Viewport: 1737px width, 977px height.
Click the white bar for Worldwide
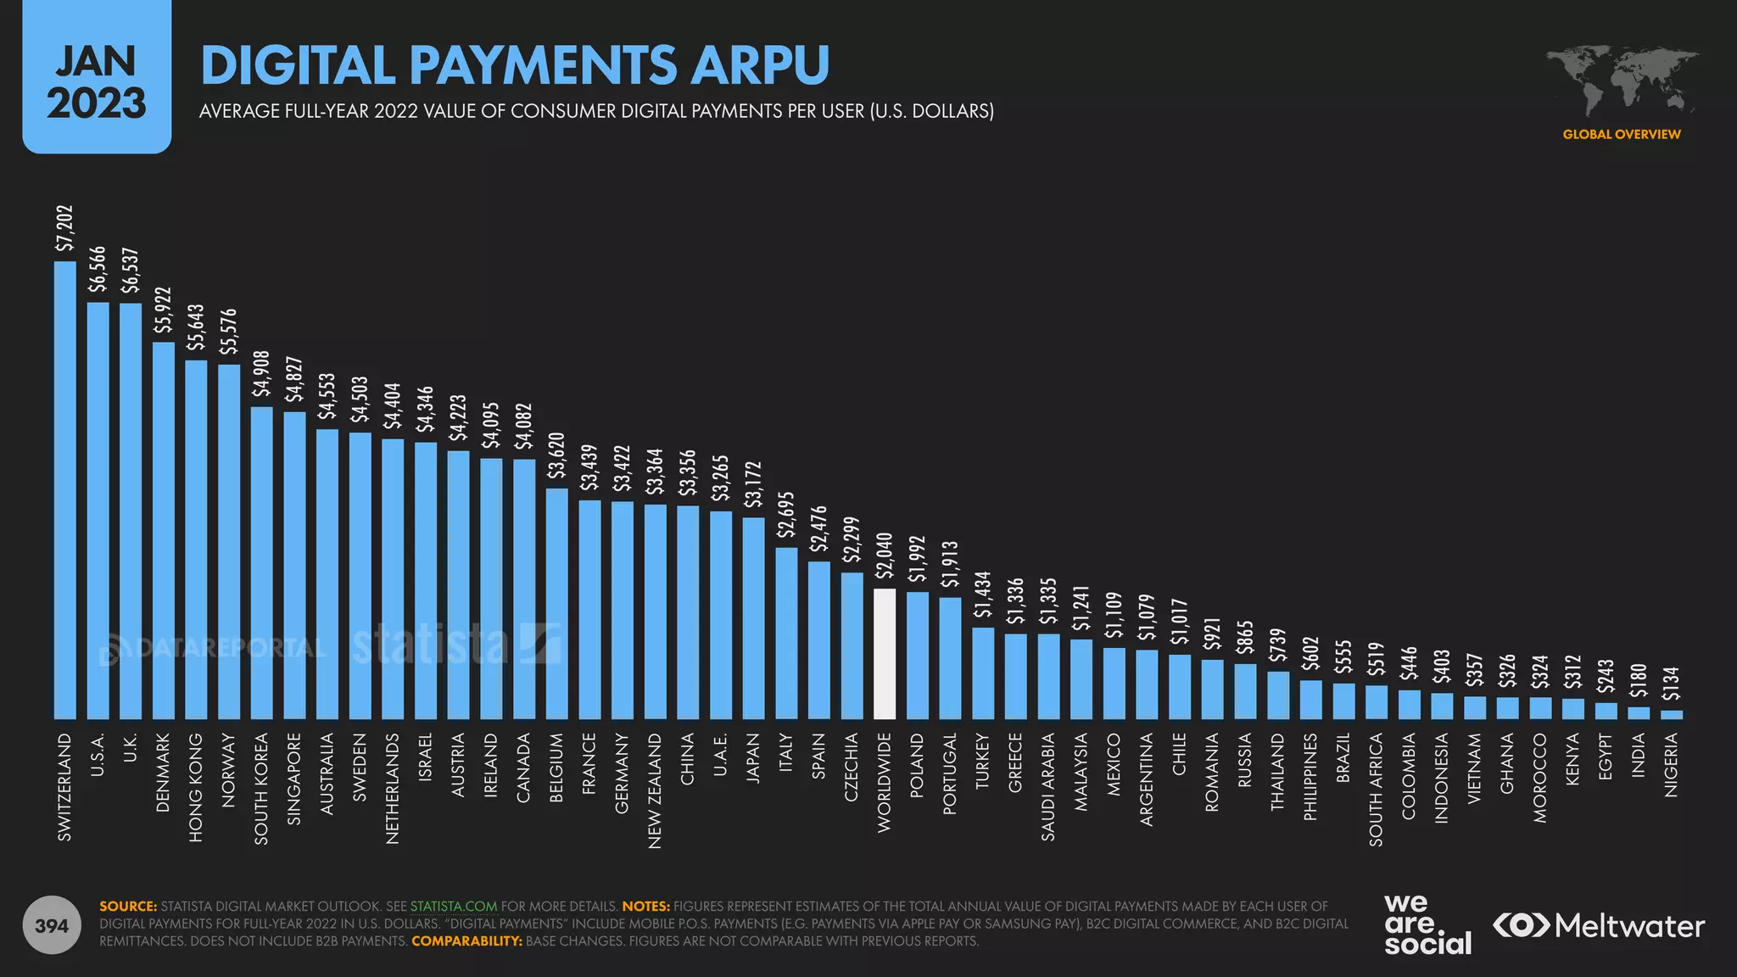pyautogui.click(x=885, y=654)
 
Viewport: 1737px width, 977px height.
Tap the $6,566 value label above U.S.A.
pyautogui.click(x=98, y=270)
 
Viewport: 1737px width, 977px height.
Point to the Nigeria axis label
pyautogui.click(x=1671, y=765)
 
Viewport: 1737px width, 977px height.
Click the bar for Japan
pyautogui.click(x=753, y=618)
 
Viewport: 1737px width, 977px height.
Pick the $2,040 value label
pyautogui.click(x=885, y=555)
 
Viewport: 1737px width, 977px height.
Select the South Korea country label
pyautogui.click(x=261, y=789)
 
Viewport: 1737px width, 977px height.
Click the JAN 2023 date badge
pyautogui.click(x=97, y=79)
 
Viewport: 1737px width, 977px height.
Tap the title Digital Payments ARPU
pyautogui.click(x=515, y=65)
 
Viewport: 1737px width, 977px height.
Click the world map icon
pyautogui.click(x=1622, y=81)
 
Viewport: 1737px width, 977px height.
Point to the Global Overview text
pyautogui.click(x=1621, y=134)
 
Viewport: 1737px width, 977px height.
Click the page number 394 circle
pyautogui.click(x=52, y=925)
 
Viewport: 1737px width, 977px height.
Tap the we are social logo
pyautogui.click(x=1427, y=924)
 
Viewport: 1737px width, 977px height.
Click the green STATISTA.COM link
pyautogui.click(x=454, y=907)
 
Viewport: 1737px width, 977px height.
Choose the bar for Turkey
pyautogui.click(x=983, y=673)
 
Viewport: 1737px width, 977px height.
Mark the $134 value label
pyautogui.click(x=1671, y=688)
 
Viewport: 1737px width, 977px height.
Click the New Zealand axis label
pyautogui.click(x=655, y=790)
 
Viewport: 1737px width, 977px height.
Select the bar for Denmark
pyautogui.click(x=164, y=531)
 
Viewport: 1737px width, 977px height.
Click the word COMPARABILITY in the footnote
pyautogui.click(x=466, y=941)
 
